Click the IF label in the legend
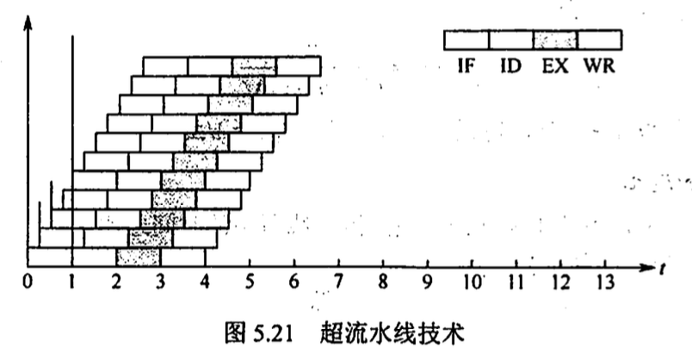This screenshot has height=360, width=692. [x=466, y=65]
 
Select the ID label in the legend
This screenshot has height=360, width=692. [x=510, y=65]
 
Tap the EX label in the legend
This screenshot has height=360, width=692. [x=555, y=65]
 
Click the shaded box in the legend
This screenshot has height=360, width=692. [x=555, y=40]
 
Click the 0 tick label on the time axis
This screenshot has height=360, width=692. [x=28, y=281]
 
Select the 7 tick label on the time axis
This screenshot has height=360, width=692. [x=337, y=281]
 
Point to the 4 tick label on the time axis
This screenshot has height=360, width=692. [x=205, y=281]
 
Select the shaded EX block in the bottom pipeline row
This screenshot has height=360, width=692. [x=139, y=257]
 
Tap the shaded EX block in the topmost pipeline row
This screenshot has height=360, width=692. [x=254, y=65]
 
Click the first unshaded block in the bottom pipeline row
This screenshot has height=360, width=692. [x=50, y=257]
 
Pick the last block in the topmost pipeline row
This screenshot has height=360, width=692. [x=299, y=65]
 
